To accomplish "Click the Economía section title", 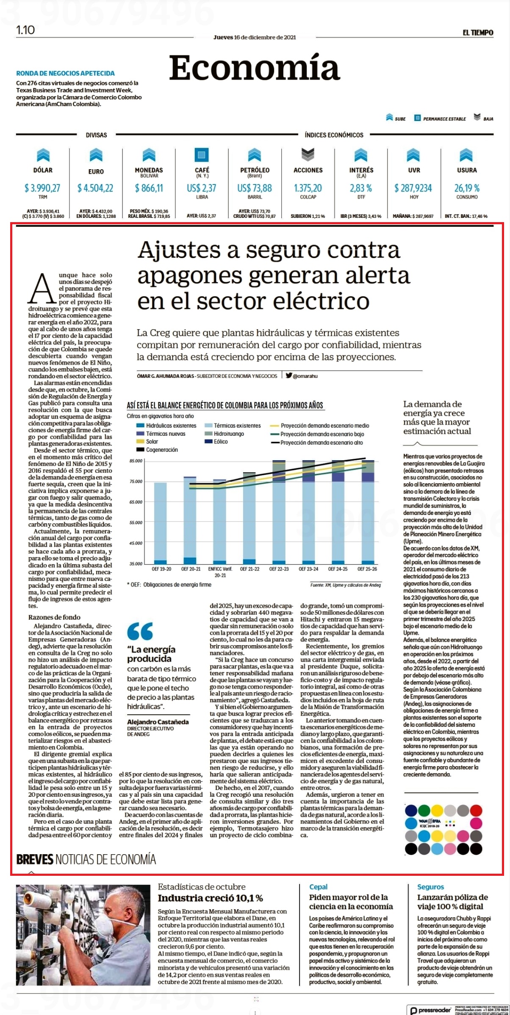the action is pyautogui.click(x=255, y=69).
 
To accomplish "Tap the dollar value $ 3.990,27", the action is pyautogui.click(x=42, y=188).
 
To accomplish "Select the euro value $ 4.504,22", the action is pyautogui.click(x=95, y=188).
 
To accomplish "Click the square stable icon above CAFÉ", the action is pyautogui.click(x=202, y=154).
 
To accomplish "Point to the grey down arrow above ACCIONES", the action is pyautogui.click(x=308, y=154).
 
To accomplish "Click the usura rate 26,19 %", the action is pyautogui.click(x=467, y=188).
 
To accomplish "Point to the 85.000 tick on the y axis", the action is pyautogui.click(x=136, y=461).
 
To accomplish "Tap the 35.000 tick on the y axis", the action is pyautogui.click(x=136, y=564).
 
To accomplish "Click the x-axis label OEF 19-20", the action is pyautogui.click(x=161, y=569).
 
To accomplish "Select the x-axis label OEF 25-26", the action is pyautogui.click(x=367, y=569).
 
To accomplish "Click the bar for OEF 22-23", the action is pyautogui.click(x=279, y=512).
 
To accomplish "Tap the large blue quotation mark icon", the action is pyautogui.click(x=140, y=631).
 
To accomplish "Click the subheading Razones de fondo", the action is pyautogui.click(x=54, y=617).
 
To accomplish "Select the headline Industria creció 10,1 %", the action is pyautogui.click(x=211, y=898).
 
